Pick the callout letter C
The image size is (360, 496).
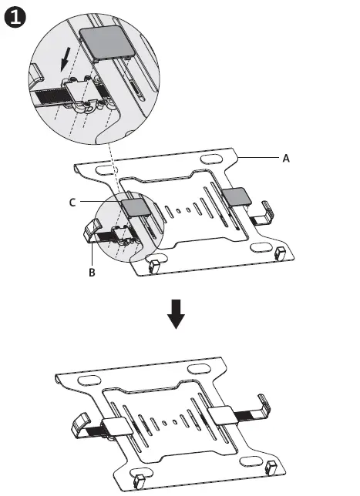72,203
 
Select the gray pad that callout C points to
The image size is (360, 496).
136,206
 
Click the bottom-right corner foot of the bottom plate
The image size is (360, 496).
271,466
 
